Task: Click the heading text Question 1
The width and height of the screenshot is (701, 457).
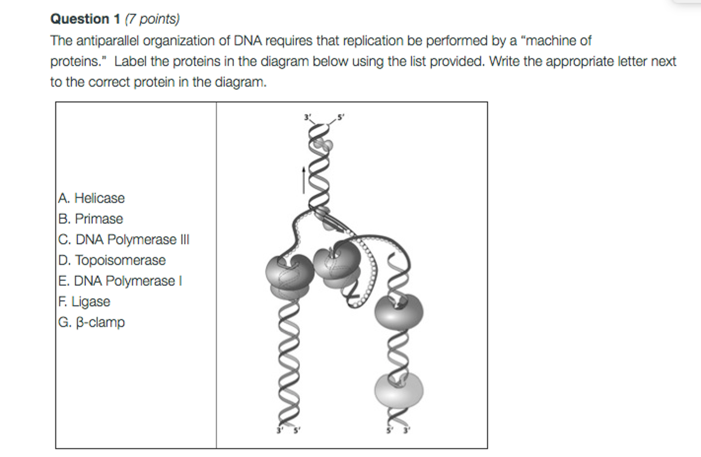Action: click(85, 19)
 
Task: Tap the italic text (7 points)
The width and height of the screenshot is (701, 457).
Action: click(152, 19)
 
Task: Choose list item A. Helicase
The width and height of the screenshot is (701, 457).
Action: click(91, 198)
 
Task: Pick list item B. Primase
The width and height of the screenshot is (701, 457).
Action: click(91, 219)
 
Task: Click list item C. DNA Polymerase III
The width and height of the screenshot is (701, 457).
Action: click(124, 240)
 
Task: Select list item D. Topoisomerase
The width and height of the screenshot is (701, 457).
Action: click(112, 260)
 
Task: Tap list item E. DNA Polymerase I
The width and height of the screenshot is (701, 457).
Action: click(120, 281)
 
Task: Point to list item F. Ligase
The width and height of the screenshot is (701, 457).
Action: click(84, 302)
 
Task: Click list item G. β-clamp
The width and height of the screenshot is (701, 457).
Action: click(91, 322)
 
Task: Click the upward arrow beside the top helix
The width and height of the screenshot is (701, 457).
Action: click(304, 180)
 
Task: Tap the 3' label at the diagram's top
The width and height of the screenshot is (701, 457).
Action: click(307, 117)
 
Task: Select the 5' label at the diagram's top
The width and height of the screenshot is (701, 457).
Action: click(341, 117)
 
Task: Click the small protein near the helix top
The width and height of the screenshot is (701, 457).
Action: click(324, 144)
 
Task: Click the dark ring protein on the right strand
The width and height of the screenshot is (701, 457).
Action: click(399, 312)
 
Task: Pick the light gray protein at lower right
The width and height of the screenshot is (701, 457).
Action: click(399, 390)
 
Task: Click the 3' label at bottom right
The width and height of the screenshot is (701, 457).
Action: click(406, 430)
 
